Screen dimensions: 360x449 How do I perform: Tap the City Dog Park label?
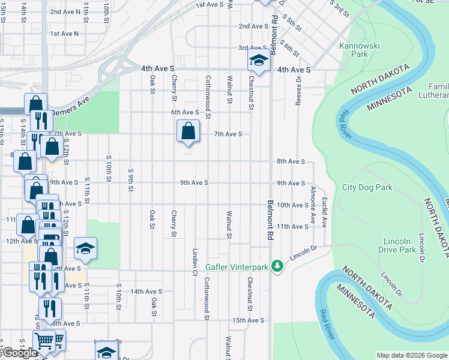pyautogui.click(x=367, y=187)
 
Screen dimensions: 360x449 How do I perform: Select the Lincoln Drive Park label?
pyautogui.click(x=399, y=245)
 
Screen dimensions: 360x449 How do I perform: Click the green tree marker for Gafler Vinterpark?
pyautogui.click(x=277, y=265)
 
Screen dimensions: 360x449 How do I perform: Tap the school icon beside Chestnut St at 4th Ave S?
pyautogui.click(x=259, y=59)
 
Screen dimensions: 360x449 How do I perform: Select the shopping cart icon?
pyautogui.click(x=44, y=340)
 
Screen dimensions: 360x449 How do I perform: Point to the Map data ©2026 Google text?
pyautogui.click(x=411, y=355)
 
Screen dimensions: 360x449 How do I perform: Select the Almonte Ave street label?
pyautogui.click(x=313, y=201)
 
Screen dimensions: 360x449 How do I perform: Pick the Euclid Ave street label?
pyautogui.click(x=324, y=212)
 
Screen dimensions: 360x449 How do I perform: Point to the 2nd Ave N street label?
pyautogui.click(x=64, y=11)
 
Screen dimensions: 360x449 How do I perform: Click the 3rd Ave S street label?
pyautogui.click(x=252, y=47)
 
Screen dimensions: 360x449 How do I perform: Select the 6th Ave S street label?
pyautogui.click(x=184, y=112)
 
